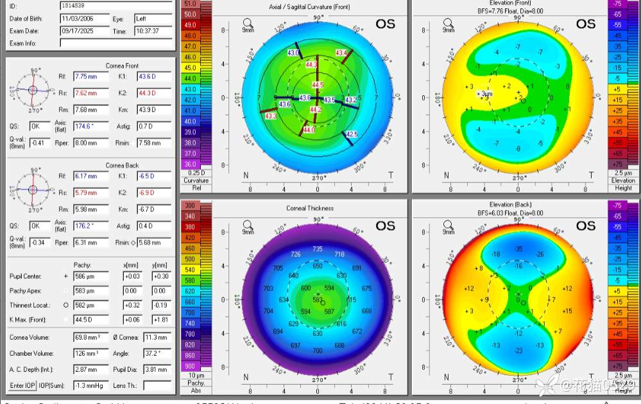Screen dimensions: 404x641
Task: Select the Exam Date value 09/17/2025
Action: point(83,31)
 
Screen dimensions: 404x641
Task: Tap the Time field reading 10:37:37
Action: point(152,31)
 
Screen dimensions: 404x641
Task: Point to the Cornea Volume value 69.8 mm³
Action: point(90,337)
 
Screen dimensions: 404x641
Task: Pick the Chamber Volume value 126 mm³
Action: point(90,353)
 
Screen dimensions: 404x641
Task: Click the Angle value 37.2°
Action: point(157,353)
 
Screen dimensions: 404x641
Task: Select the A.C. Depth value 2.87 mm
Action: point(90,370)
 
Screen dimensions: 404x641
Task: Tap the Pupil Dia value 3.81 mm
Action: point(157,370)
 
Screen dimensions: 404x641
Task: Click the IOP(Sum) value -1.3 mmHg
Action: point(90,385)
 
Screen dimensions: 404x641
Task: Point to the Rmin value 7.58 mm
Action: point(153,143)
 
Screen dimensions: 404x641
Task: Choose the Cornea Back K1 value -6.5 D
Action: point(153,176)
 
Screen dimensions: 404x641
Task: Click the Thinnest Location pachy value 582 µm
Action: point(90,305)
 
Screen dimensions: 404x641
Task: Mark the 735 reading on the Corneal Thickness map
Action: point(318,249)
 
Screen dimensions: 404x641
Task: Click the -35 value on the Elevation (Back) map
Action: point(518,249)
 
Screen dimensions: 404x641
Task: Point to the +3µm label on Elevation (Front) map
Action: point(485,94)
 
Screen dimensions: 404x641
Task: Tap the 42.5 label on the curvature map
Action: point(351,134)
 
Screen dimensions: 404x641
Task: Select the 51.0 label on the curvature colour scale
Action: point(190,4)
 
